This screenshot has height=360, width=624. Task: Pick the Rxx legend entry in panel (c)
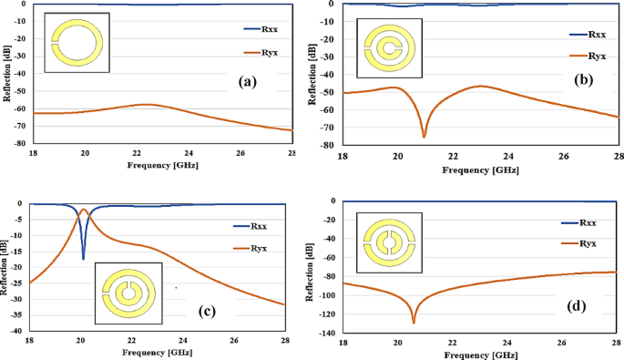pyautogui.click(x=261, y=225)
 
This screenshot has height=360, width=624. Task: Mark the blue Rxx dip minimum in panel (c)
pyautogui.click(x=83, y=259)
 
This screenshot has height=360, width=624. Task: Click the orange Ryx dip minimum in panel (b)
pyautogui.click(x=424, y=137)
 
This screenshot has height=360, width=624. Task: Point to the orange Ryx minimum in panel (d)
pyautogui.click(x=414, y=323)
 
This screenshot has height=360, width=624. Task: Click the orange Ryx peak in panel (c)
pyautogui.click(x=84, y=210)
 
